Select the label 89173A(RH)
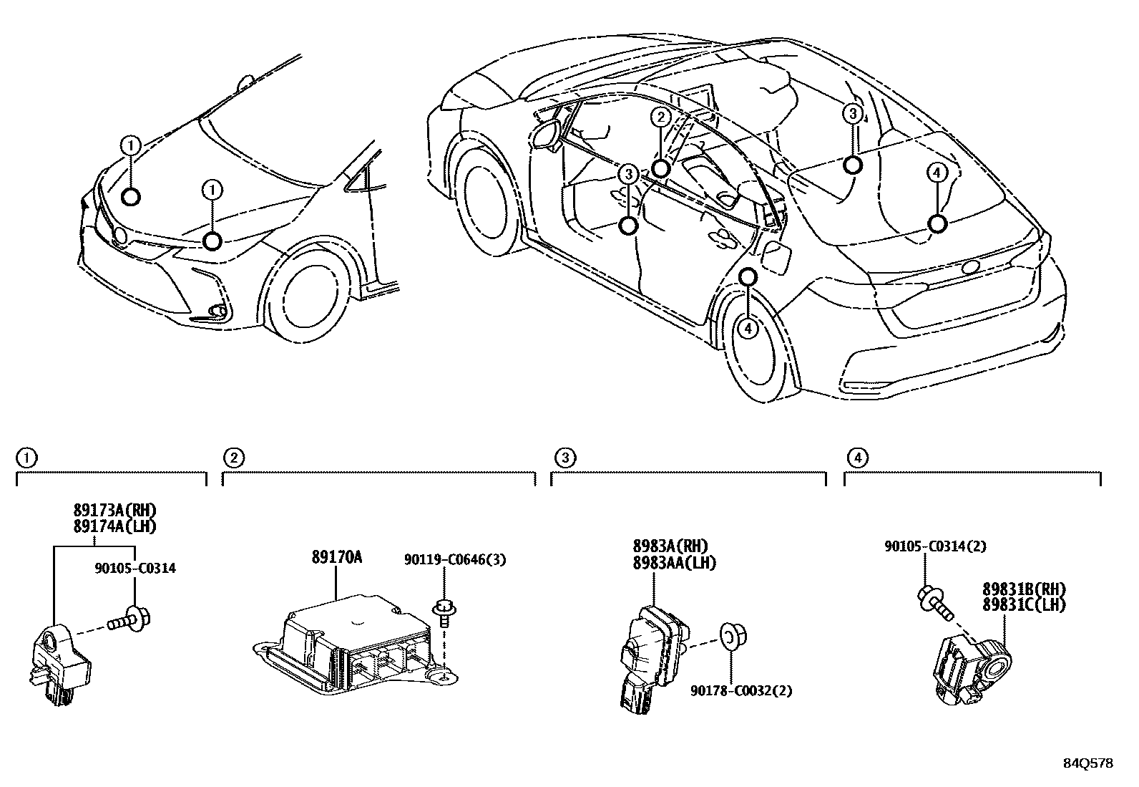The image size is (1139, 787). pos(114,511)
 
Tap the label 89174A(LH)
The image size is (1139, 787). pos(114,526)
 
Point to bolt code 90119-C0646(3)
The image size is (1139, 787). pos(454,560)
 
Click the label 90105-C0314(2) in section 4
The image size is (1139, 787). pos(935,546)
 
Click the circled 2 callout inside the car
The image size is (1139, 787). pos(660,117)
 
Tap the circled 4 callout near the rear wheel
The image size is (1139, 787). pos(748,328)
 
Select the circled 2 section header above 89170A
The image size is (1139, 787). pos(233,457)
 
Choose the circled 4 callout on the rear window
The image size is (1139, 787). pos(937,173)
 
